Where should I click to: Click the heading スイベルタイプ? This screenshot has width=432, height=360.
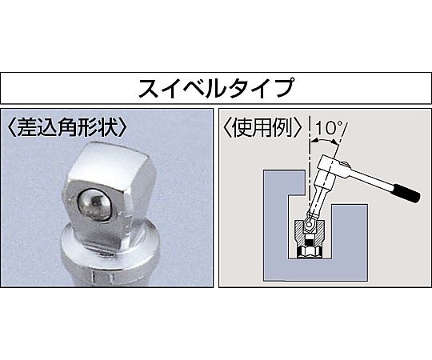[215, 88]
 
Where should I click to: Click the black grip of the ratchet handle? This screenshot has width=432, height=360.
[407, 194]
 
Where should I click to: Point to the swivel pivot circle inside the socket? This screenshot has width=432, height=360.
[310, 225]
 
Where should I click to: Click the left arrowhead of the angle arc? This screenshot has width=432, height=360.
[314, 141]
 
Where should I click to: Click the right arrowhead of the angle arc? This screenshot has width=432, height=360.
[334, 142]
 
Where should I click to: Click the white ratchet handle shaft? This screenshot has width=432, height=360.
[371, 178]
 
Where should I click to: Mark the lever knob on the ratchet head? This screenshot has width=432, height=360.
[345, 166]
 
